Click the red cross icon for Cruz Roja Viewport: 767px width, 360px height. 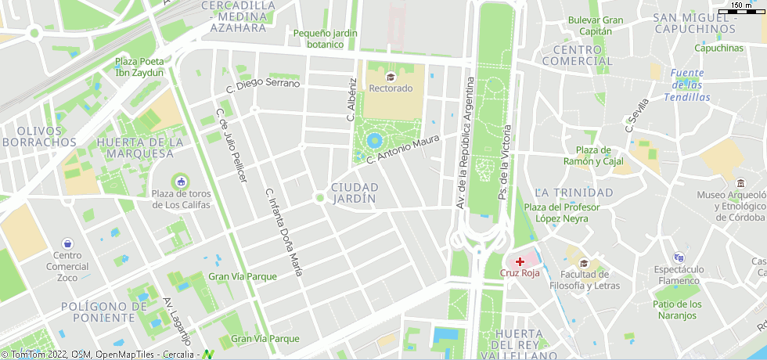click(520, 261)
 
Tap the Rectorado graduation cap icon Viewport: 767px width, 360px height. click(391, 76)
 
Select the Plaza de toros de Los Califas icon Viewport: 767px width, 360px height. click(181, 182)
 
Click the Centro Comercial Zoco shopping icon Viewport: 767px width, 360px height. click(67, 243)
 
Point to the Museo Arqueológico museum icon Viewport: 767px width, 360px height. click(740, 182)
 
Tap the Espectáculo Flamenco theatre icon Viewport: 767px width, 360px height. click(679, 257)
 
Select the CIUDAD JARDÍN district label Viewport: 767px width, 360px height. click(355, 193)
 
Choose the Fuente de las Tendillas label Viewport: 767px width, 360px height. click(687, 85)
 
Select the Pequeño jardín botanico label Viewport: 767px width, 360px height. click(326, 38)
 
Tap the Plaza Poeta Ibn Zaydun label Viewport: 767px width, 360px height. click(139, 67)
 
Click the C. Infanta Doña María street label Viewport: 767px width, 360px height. click(283, 232)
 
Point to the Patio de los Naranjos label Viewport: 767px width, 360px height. click(678, 309)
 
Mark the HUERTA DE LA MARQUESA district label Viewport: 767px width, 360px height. click(140, 147)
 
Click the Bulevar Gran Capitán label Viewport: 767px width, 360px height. click(596, 25)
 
